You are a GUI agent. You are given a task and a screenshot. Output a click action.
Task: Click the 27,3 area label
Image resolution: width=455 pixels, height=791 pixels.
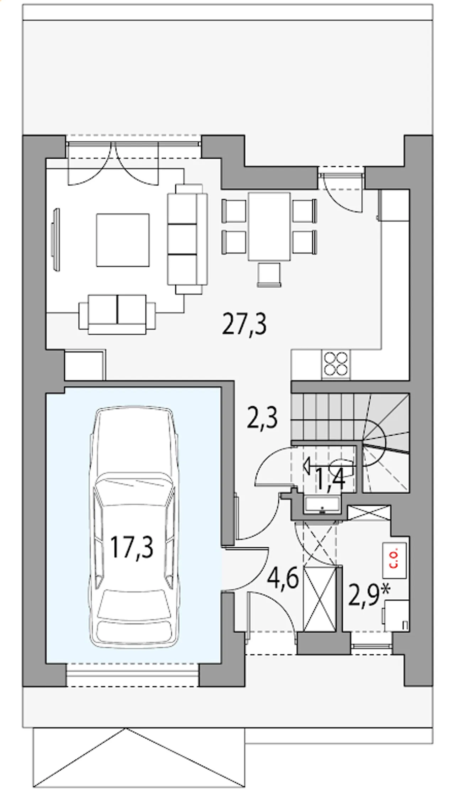point(244,324)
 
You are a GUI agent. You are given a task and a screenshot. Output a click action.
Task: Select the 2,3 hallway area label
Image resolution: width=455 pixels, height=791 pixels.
point(262,418)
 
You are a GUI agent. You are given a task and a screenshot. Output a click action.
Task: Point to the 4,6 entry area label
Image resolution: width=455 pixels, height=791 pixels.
point(283,579)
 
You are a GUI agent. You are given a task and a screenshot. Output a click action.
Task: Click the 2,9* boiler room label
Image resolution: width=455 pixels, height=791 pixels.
point(369,595)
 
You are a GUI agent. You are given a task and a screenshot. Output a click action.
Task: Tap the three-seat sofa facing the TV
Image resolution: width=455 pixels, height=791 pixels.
point(187,239)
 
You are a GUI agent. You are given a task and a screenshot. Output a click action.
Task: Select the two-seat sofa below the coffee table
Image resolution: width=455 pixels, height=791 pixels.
point(117,314)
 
